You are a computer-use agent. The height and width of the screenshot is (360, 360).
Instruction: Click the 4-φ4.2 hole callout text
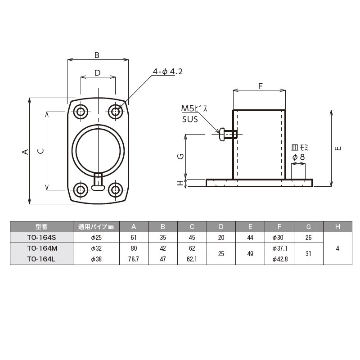[167, 72]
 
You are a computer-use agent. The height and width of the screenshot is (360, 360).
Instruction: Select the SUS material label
[190, 119]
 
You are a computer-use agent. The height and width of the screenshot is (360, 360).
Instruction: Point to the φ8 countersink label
[299, 157]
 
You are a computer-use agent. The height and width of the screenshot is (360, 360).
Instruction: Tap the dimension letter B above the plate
[97, 55]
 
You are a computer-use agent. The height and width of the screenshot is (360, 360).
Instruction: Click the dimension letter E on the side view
[338, 148]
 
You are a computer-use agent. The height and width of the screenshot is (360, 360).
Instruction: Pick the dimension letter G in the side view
[180, 156]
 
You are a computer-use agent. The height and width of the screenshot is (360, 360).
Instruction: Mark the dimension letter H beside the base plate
[180, 183]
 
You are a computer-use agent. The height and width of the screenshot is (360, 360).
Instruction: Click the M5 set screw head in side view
[221, 134]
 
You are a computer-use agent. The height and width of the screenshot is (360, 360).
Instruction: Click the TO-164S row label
[41, 237]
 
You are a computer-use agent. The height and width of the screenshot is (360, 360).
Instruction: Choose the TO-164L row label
[41, 259]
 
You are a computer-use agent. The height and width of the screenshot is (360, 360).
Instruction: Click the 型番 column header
[41, 226]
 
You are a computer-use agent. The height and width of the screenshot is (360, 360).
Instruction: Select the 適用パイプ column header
[96, 226]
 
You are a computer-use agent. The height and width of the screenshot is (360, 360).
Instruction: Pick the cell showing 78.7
[134, 259]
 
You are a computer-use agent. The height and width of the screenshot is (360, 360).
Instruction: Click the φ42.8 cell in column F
[279, 259]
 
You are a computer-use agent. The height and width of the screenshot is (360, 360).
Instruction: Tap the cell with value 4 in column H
[337, 248]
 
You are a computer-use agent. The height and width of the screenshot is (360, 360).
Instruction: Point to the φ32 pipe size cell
[96, 248]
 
